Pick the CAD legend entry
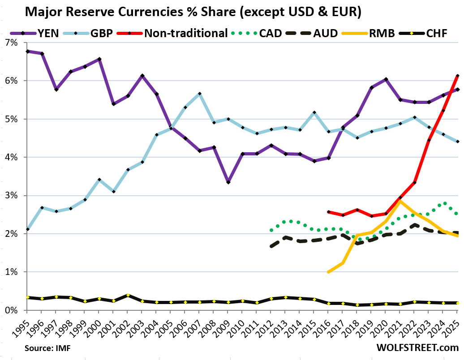tap(262, 33)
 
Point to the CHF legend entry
tap(438, 33)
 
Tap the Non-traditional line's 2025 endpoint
tap(457, 76)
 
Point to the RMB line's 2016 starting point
tap(328, 272)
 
